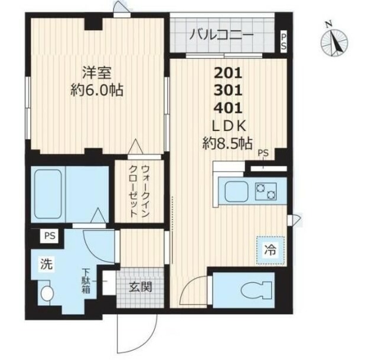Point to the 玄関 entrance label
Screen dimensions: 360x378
pyautogui.click(x=140, y=288)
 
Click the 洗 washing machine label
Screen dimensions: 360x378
pyautogui.click(x=46, y=264)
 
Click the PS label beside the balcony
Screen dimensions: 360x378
pyautogui.click(x=283, y=42)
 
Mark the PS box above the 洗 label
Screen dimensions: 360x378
pyautogui.click(x=48, y=236)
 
